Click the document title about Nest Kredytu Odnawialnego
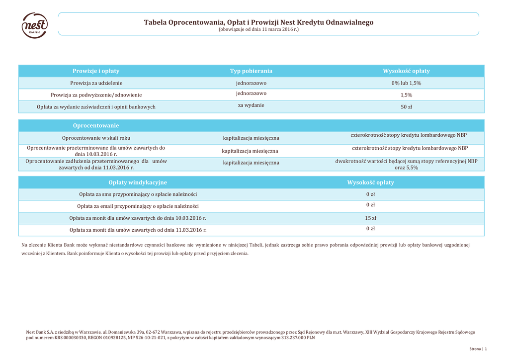(258, 22)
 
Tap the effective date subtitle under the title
(258, 30)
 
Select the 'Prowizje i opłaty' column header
(96, 71)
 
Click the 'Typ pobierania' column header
(251, 71)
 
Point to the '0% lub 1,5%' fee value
(406, 83)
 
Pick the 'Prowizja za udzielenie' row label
(96, 83)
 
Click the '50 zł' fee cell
(406, 107)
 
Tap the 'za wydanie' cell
(251, 105)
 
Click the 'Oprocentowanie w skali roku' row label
(96, 138)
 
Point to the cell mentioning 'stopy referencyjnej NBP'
(406, 164)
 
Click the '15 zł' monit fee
(371, 218)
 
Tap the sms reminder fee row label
(138, 194)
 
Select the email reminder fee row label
(138, 206)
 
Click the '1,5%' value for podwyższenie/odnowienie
(406, 95)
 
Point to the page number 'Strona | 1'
(478, 349)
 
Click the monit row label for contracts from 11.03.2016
(138, 230)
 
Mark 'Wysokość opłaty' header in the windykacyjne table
(370, 182)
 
